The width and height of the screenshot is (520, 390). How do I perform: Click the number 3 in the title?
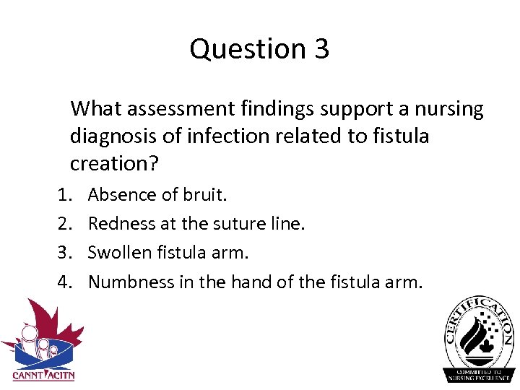(x=321, y=49)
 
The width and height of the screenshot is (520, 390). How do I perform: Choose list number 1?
(x=63, y=195)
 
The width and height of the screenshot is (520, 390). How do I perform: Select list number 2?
(x=63, y=224)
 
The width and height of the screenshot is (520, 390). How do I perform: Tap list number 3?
(x=63, y=253)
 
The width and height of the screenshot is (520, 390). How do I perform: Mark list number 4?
(x=63, y=282)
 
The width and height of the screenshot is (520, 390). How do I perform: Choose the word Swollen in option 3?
(x=118, y=253)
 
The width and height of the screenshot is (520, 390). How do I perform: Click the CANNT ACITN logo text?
(x=43, y=376)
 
